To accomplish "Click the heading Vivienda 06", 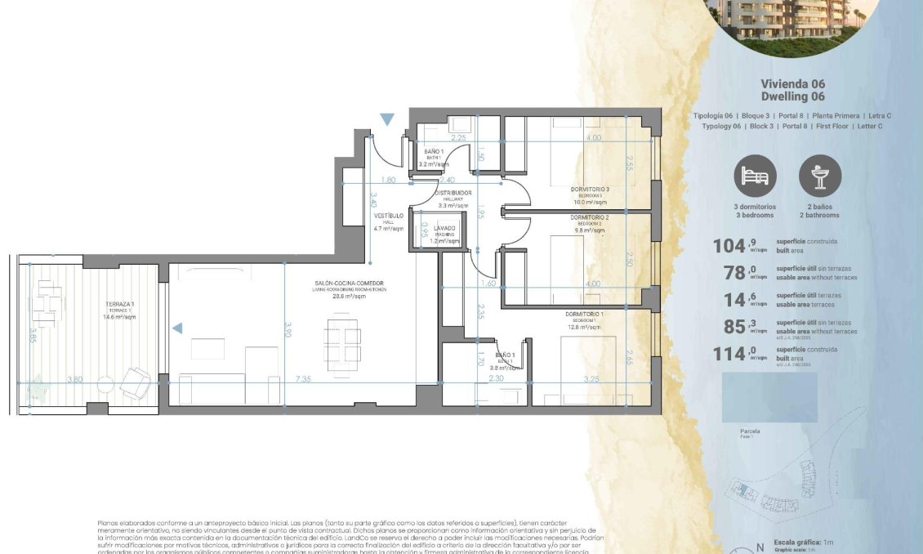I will (792, 84).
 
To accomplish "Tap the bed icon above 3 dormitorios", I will (755, 176).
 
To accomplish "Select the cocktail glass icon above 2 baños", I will (819, 176).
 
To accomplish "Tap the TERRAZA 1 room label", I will (119, 304).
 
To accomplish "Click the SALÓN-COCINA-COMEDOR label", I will (349, 284).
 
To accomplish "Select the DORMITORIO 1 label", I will (585, 314).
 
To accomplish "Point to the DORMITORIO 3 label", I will (591, 189).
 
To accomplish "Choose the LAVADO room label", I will (444, 228).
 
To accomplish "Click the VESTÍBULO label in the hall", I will (389, 216).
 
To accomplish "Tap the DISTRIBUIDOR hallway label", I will (453, 193).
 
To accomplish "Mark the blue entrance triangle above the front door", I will (387, 120).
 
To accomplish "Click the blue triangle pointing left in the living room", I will (177, 328).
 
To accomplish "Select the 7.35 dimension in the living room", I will (303, 379).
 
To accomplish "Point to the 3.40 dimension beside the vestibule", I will (372, 198).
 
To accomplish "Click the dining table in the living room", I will (342, 338).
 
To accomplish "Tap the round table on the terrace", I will (105, 384).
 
